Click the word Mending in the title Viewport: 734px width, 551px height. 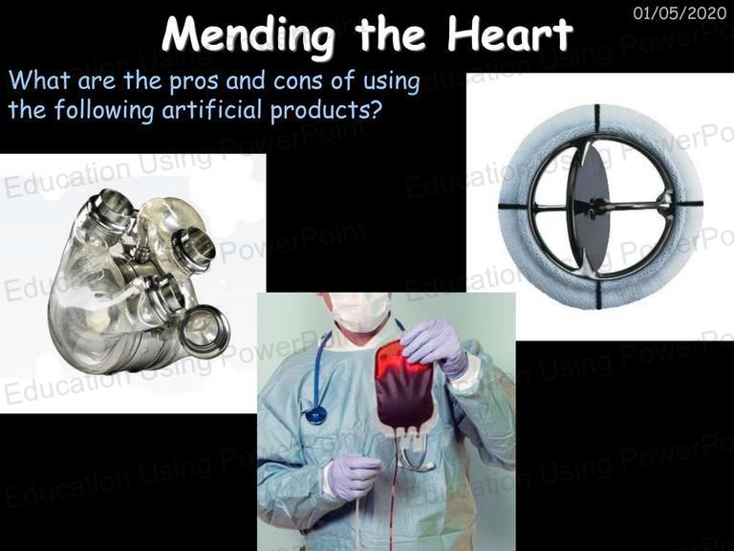248,36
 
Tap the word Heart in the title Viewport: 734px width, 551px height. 509,33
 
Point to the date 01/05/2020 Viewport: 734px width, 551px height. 680,12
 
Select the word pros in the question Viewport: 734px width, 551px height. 194,82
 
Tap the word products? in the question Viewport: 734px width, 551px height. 327,112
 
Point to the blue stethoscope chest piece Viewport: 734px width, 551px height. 316,415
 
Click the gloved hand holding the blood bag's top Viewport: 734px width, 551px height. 434,345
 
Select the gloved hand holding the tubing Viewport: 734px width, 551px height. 353,475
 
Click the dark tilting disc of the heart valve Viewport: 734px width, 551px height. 591,209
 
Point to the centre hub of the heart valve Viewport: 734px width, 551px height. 597,205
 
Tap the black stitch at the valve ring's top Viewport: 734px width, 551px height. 596,119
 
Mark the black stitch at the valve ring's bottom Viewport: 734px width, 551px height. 598,294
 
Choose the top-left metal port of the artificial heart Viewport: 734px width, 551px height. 109,209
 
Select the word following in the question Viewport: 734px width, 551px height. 103,112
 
